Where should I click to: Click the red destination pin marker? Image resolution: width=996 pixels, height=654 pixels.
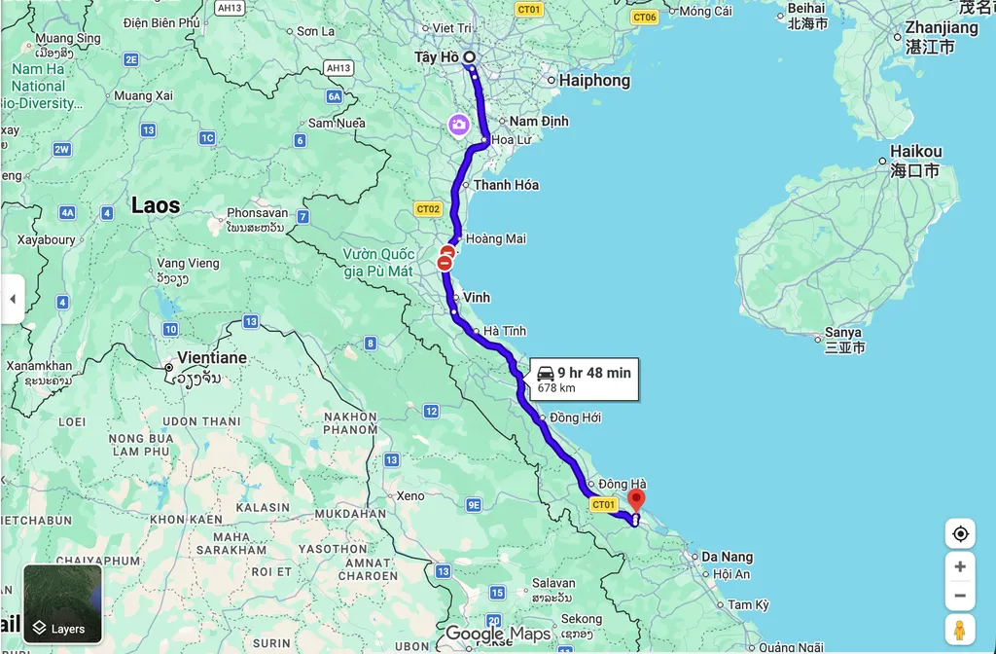click(x=636, y=500)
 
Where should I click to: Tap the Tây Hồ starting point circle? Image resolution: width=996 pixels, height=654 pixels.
click(x=470, y=58)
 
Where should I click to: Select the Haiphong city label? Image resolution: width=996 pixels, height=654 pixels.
click(x=593, y=81)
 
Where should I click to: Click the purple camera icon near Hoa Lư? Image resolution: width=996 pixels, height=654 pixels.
click(x=458, y=125)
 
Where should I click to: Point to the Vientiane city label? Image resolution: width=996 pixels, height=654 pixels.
click(x=211, y=358)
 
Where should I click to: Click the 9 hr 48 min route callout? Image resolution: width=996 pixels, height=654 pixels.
click(x=584, y=380)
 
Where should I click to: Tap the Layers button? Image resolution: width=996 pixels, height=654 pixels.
click(x=62, y=604)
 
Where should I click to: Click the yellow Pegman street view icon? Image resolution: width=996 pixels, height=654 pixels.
click(x=960, y=629)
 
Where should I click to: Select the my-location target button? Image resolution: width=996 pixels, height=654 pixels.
click(x=960, y=533)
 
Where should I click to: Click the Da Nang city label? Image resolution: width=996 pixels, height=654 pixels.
click(x=727, y=557)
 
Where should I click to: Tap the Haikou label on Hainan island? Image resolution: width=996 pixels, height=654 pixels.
click(x=915, y=152)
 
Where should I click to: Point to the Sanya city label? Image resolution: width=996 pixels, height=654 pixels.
click(x=842, y=333)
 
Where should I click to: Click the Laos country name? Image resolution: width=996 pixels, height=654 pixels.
click(x=156, y=205)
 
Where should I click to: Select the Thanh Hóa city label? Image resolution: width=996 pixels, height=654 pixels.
click(x=506, y=185)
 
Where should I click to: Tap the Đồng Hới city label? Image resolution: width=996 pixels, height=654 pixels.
click(x=575, y=418)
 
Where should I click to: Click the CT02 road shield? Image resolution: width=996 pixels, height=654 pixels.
click(x=428, y=208)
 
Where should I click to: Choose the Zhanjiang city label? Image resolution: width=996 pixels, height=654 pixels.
click(x=941, y=28)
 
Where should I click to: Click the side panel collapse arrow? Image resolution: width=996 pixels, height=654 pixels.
click(x=12, y=299)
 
